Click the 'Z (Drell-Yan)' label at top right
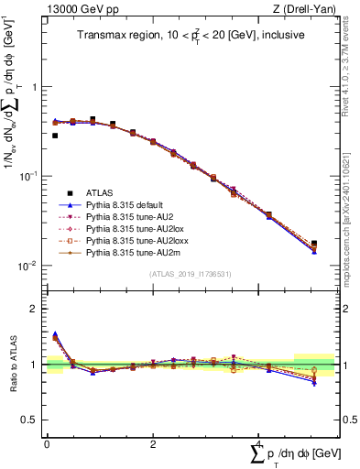[x=308, y=9]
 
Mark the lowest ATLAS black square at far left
[x=55, y=136]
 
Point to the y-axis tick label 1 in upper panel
[x=34, y=88]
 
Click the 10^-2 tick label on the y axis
[x=29, y=267]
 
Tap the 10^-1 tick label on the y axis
[x=29, y=177]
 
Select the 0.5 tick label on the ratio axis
[x=29, y=420]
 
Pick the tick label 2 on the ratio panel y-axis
[x=34, y=309]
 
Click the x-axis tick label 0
[x=47, y=443]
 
